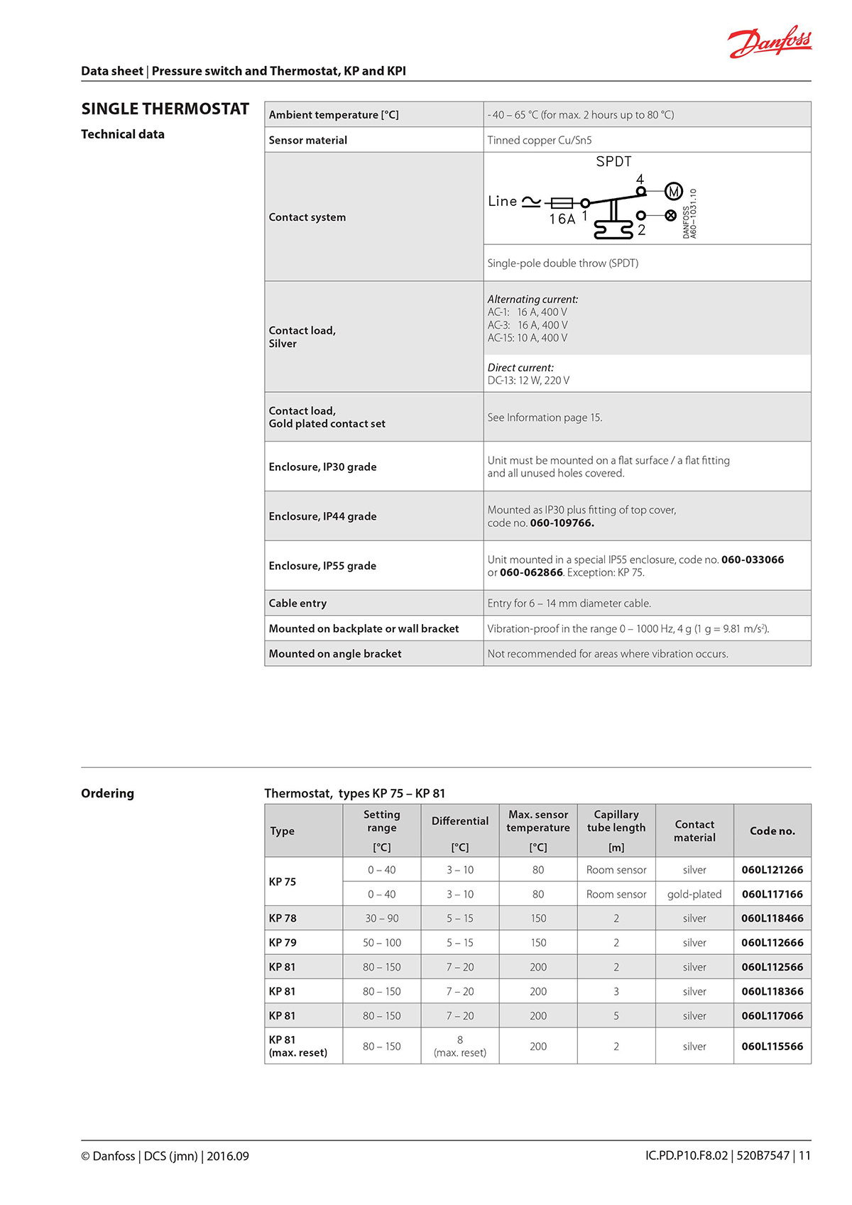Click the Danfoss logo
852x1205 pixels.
coord(770,43)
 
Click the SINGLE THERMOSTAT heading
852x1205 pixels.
coord(165,109)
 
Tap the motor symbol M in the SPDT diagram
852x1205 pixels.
coord(673,191)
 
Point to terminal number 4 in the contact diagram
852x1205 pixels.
coord(640,179)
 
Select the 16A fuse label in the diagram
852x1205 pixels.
coord(562,219)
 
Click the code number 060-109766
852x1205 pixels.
coord(562,523)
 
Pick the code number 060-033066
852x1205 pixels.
coord(753,560)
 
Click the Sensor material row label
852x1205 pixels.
coord(307,140)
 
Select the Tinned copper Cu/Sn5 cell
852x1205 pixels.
coord(539,140)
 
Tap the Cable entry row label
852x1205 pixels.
coord(297,603)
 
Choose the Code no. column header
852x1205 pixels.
coord(772,831)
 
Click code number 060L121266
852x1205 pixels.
coord(772,870)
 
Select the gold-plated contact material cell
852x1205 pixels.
coord(694,894)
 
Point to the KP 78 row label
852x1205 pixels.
coord(283,918)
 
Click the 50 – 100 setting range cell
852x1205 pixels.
coord(382,943)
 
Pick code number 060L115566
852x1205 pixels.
coord(772,1046)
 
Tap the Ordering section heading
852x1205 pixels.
coord(107,793)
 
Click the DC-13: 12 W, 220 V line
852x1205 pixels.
coord(528,381)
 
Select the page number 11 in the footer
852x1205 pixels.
coord(804,1156)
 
